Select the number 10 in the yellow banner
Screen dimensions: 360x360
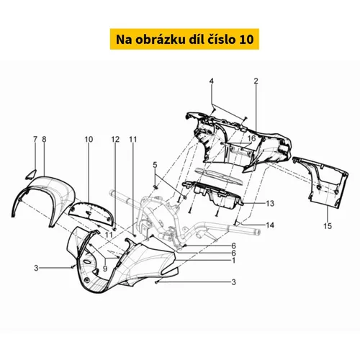(246, 40)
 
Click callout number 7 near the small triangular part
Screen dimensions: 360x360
(35, 139)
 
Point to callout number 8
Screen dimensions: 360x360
(44, 139)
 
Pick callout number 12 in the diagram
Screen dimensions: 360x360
(115, 140)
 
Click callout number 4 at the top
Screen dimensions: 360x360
(211, 81)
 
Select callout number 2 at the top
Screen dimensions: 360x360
(256, 81)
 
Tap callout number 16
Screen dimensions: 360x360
(252, 138)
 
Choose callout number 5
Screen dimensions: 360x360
(155, 165)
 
